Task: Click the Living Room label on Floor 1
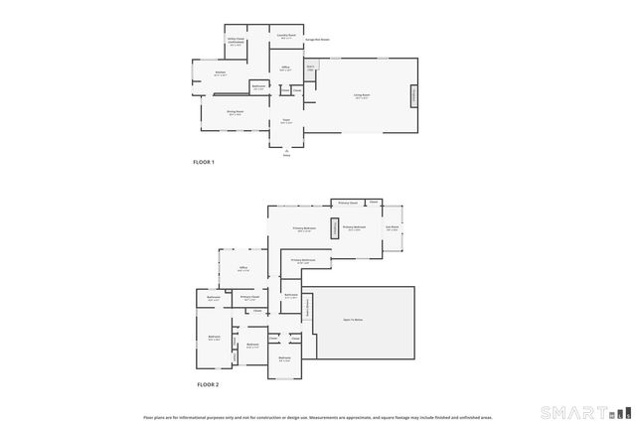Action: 360,96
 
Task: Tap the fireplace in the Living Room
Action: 414,96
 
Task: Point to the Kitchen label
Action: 220,74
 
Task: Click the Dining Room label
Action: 235,112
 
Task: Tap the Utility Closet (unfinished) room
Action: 237,43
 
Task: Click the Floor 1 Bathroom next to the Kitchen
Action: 258,88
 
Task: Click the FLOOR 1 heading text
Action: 204,162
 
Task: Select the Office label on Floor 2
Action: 242,269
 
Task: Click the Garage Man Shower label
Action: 317,41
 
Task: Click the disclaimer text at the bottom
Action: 317,417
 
